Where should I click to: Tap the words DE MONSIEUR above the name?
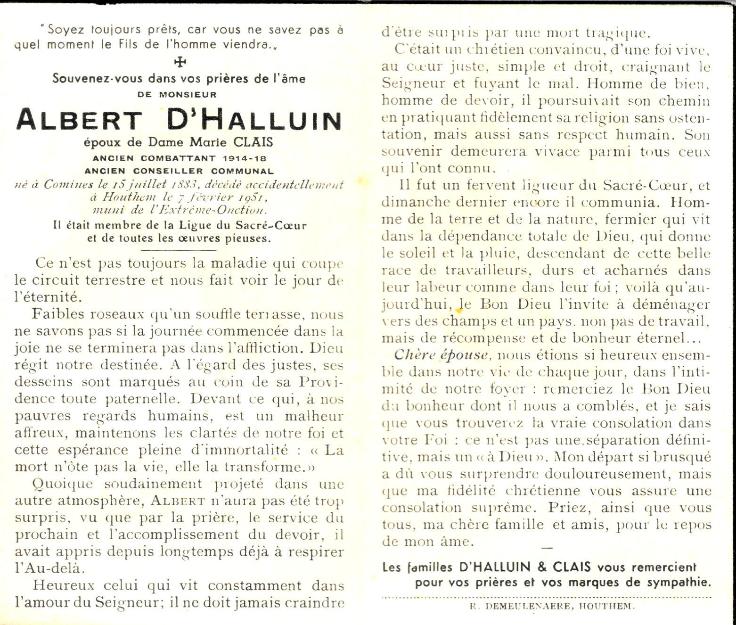pos(177,94)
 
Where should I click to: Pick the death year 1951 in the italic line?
pos(249,197)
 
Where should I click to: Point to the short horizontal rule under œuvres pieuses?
pos(179,250)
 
